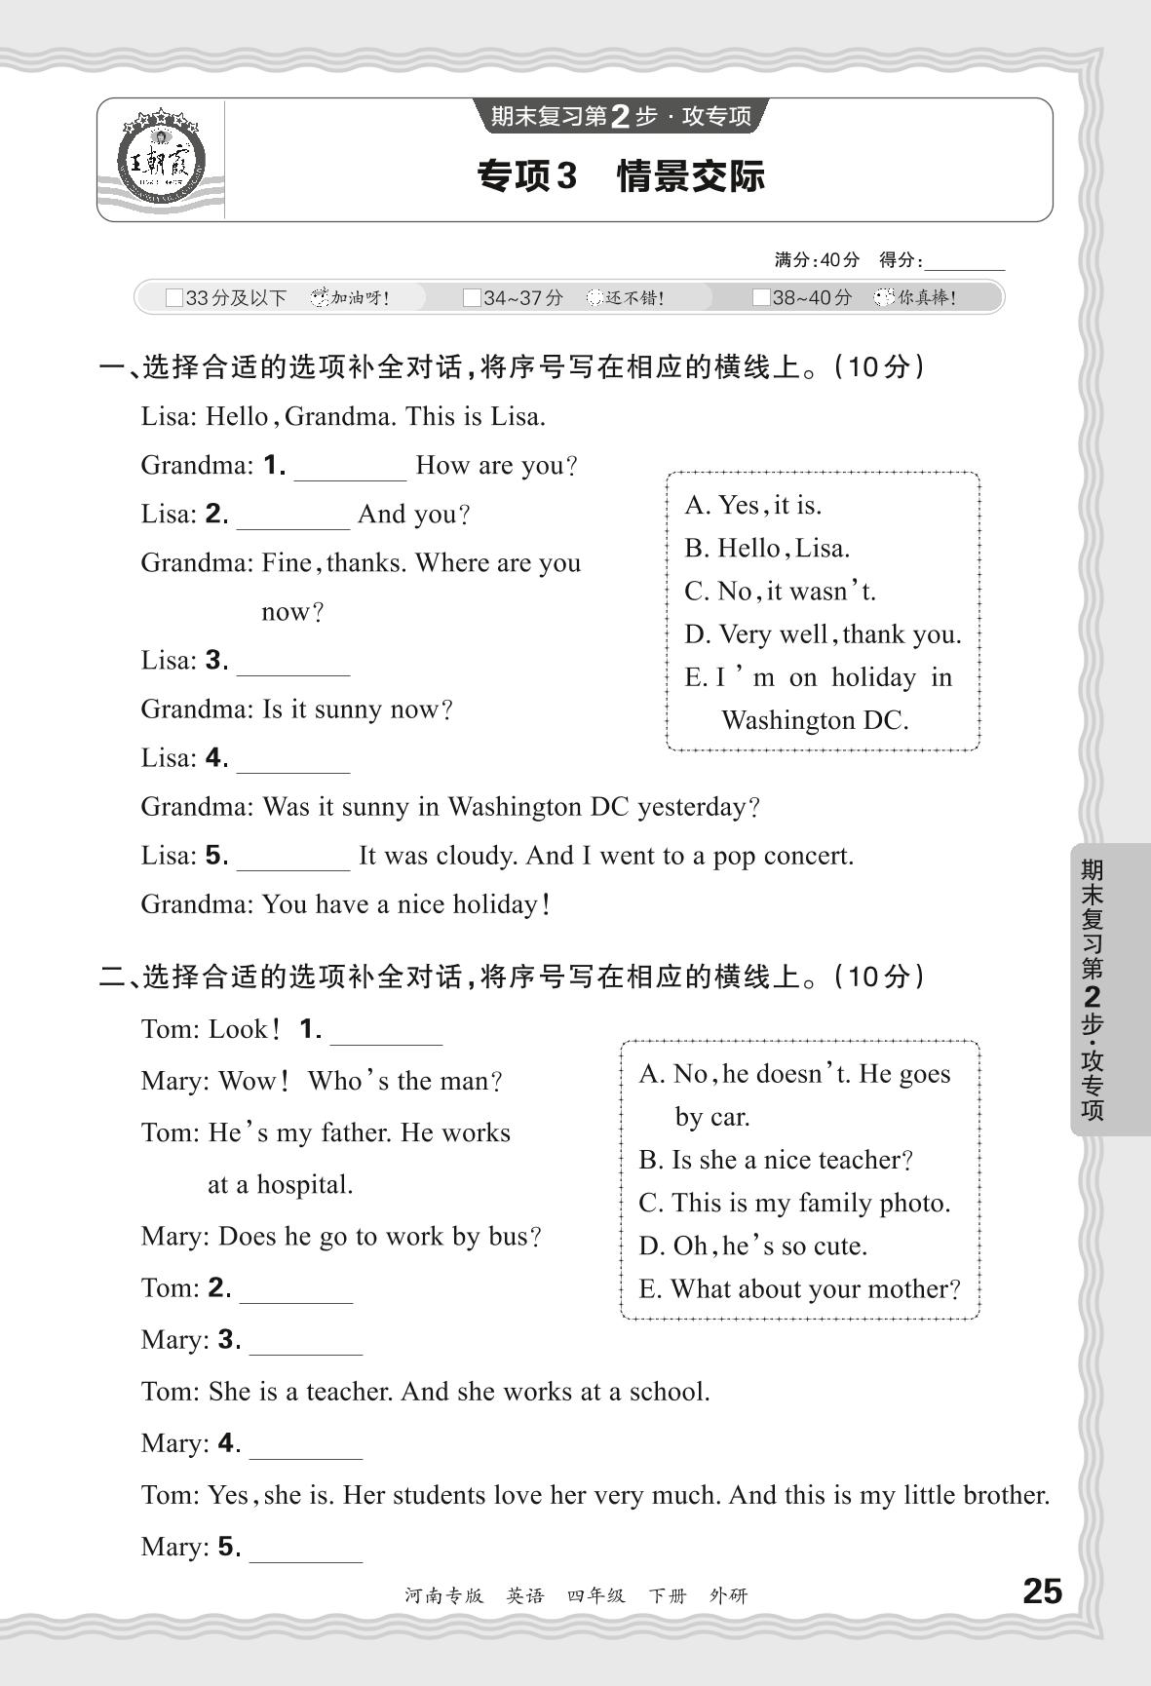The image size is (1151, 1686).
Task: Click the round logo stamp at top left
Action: coord(161,159)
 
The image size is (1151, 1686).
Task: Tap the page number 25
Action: coord(1042,1591)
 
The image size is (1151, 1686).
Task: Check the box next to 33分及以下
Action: coord(174,298)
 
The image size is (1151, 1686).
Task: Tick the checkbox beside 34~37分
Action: coord(472,298)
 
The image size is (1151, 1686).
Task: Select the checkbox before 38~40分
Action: coord(761,298)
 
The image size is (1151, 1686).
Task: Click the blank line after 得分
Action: coord(965,263)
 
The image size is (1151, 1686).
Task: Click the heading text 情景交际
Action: coord(691,176)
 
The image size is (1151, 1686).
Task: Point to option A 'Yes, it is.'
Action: coord(753,505)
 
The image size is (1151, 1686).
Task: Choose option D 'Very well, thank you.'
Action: coord(823,634)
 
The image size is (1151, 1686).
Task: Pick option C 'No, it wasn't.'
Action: coord(781,592)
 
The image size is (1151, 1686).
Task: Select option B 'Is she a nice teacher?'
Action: coord(776,1160)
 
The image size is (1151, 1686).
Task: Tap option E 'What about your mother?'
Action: coord(799,1289)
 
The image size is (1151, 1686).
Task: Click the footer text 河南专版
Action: coord(443,1595)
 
